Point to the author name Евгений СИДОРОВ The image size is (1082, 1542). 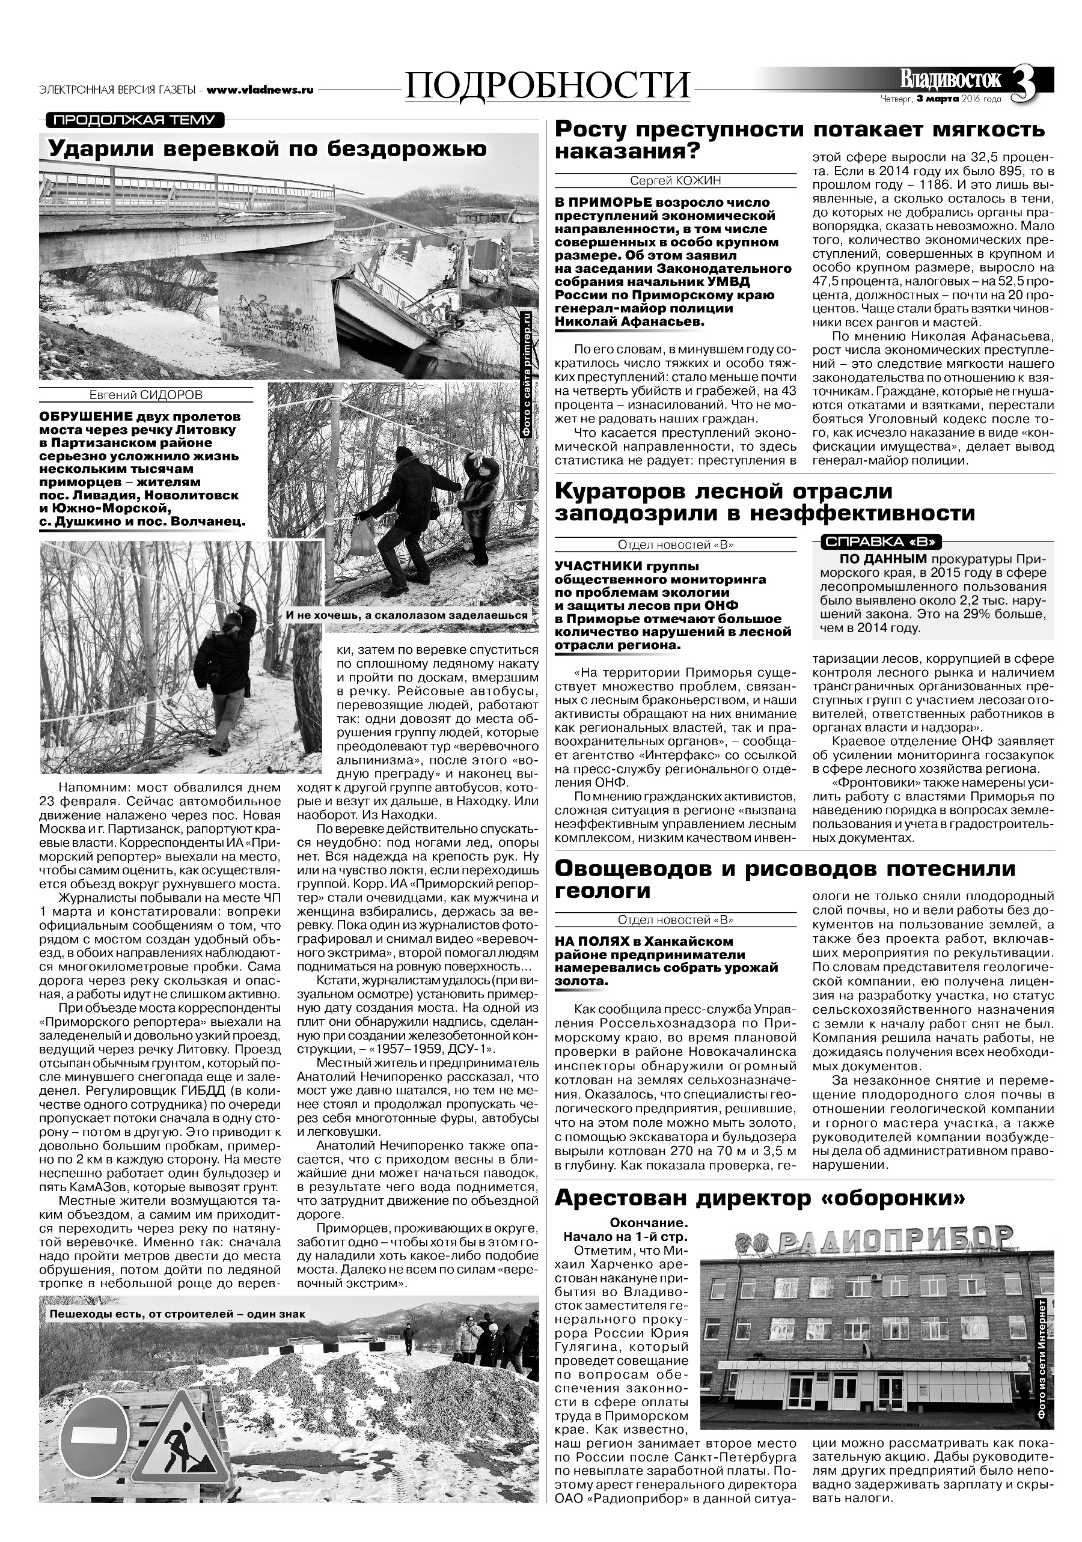[x=145, y=395]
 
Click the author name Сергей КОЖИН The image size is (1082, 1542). [x=676, y=181]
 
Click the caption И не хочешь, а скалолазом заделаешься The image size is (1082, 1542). [x=408, y=615]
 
